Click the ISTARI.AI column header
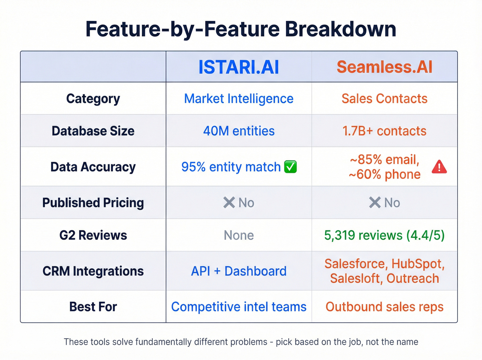click(x=239, y=67)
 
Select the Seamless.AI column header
click(x=384, y=67)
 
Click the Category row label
click(x=93, y=99)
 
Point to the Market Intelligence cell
click(x=239, y=99)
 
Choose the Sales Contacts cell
click(x=384, y=99)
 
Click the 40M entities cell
click(x=239, y=131)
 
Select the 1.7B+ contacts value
click(x=384, y=131)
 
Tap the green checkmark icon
click(x=290, y=167)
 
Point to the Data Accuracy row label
click(x=93, y=167)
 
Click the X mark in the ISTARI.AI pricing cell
click(x=229, y=203)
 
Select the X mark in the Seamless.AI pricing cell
click(x=375, y=203)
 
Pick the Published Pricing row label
click(x=93, y=203)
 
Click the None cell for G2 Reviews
click(x=239, y=235)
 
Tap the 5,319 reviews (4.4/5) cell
click(x=384, y=235)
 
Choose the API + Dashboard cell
click(x=239, y=271)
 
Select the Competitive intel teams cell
click(x=239, y=307)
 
